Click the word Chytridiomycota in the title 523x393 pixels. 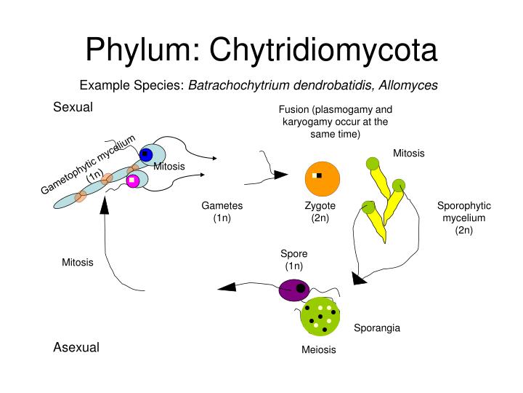pos(323,50)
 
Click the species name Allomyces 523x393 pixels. pos(408,85)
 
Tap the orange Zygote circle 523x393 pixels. pos(320,177)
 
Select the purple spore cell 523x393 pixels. pos(295,289)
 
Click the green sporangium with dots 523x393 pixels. pos(320,317)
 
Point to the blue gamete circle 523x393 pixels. pos(146,154)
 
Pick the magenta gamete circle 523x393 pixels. pos(133,180)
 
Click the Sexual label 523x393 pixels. pos(73,108)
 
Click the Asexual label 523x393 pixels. pos(76,347)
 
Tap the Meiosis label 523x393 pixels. pos(319,349)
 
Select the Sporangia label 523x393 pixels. pos(377,328)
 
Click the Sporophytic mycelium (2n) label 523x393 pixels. pos(464,218)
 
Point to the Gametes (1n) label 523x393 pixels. pos(222,212)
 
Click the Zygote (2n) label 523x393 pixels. pos(320,212)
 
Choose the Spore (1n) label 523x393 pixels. pos(294,259)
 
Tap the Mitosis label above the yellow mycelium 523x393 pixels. pos(409,153)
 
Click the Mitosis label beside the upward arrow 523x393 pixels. pos(78,262)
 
